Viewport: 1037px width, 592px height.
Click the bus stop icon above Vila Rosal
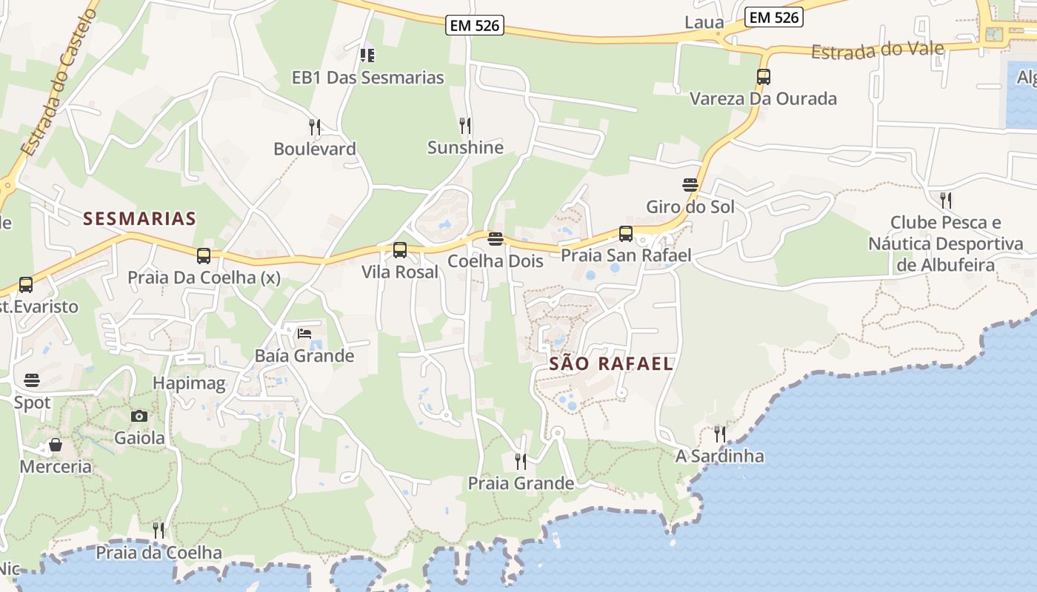click(x=400, y=250)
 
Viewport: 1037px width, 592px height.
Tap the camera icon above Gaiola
click(x=139, y=416)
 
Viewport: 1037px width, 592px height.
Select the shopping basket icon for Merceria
click(x=55, y=445)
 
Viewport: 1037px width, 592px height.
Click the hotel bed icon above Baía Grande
click(x=304, y=334)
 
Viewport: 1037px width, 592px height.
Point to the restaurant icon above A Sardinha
click(x=719, y=434)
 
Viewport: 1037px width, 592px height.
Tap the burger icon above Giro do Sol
click(x=690, y=184)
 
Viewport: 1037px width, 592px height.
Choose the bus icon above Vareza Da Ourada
click(x=764, y=77)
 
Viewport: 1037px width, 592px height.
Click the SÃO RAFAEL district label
click(x=612, y=363)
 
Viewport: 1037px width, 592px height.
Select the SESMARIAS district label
click(x=139, y=218)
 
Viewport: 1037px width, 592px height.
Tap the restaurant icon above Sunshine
click(x=465, y=125)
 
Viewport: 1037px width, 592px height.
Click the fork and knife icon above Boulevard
click(x=315, y=127)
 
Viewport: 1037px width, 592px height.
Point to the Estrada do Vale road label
click(x=878, y=50)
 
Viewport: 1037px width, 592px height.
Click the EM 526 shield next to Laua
click(x=774, y=17)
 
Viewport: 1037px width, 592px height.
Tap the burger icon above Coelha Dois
click(x=496, y=239)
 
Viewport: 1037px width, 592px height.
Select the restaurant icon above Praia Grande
click(x=521, y=462)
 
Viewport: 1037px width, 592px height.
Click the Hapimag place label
click(x=189, y=383)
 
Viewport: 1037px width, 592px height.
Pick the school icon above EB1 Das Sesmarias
click(x=367, y=55)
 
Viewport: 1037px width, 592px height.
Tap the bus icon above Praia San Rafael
click(x=626, y=234)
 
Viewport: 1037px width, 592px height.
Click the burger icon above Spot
click(x=32, y=380)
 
